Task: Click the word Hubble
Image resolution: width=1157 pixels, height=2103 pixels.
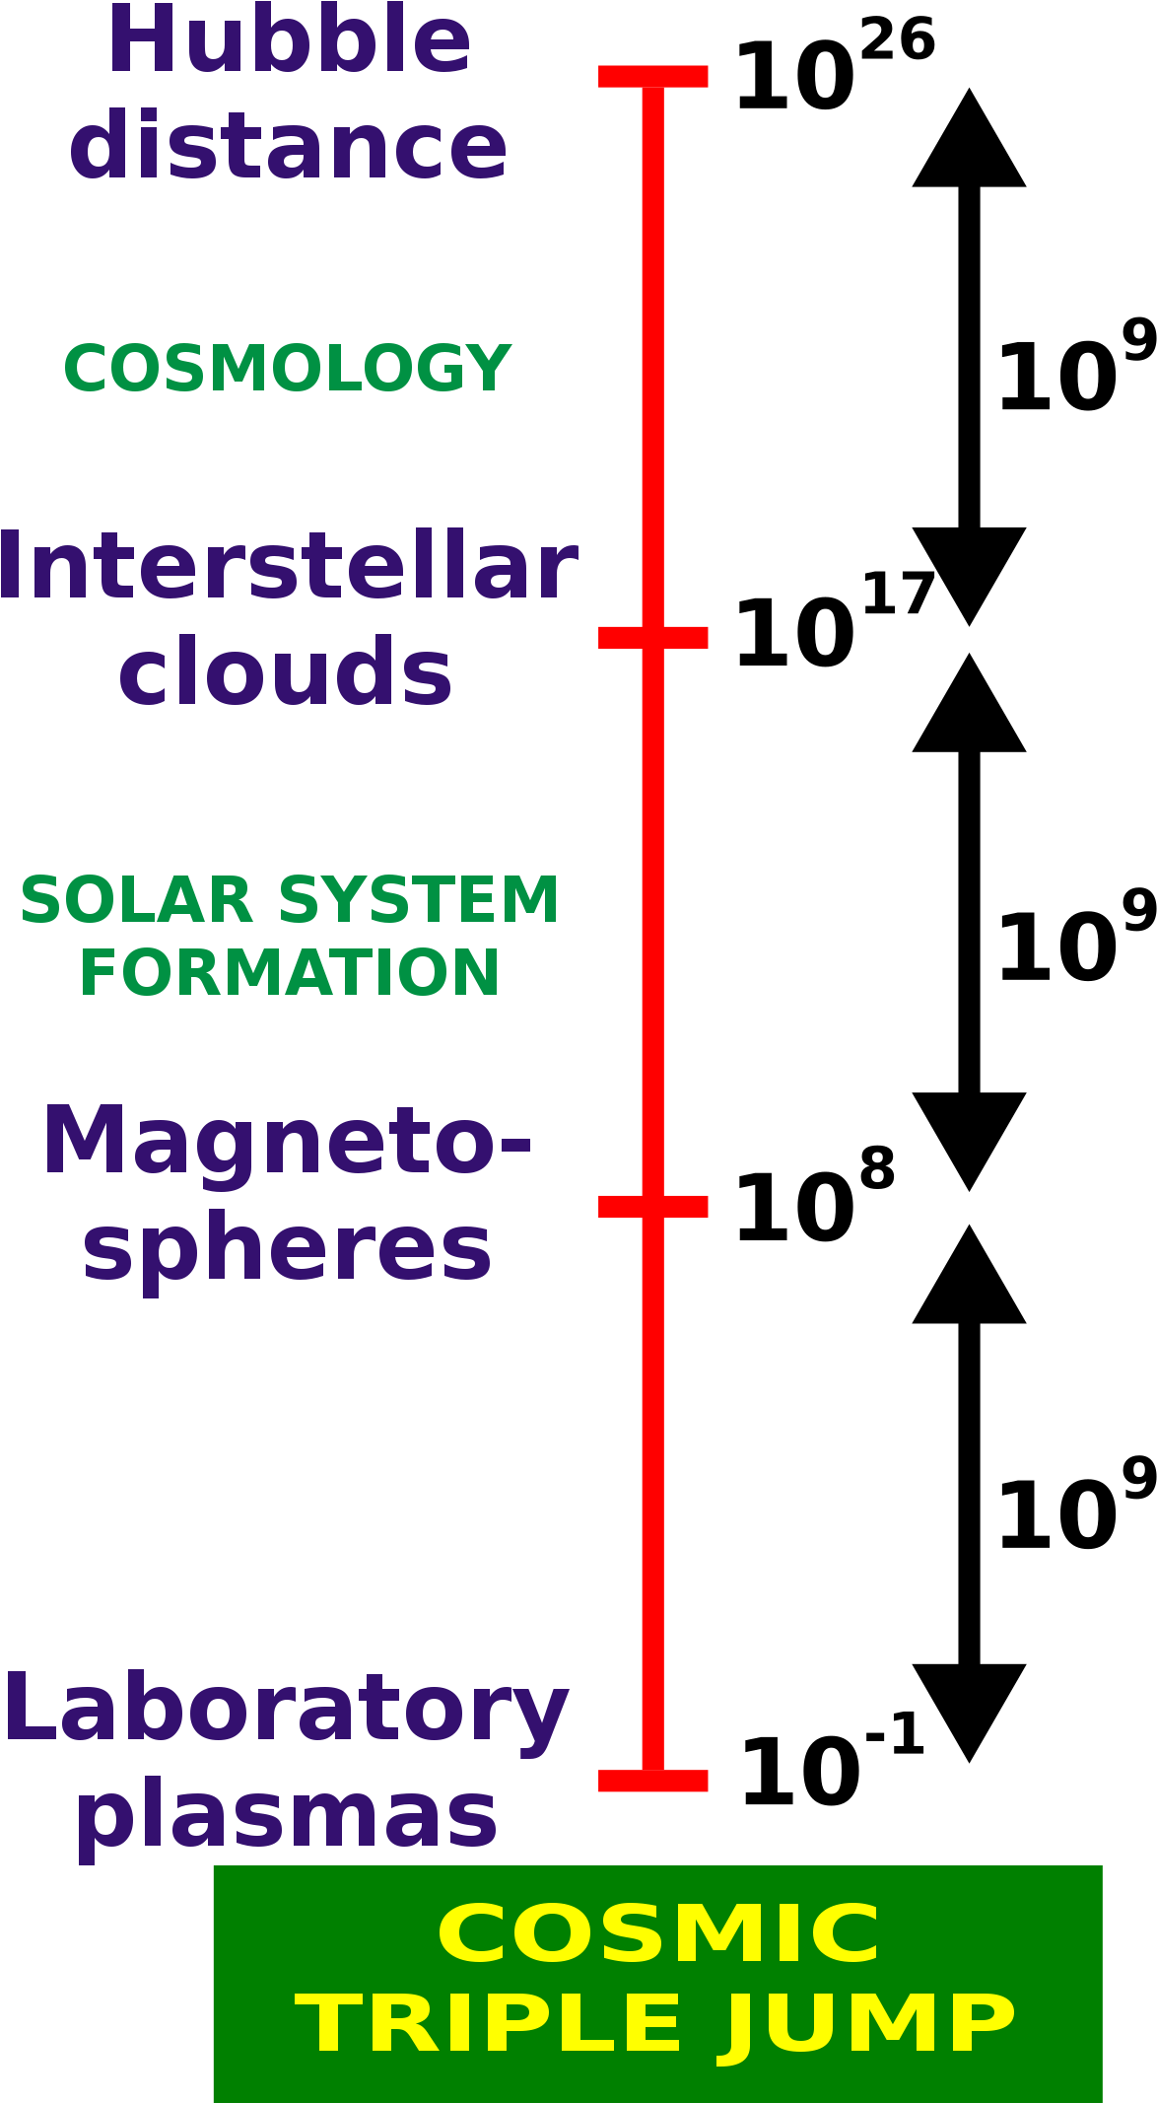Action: click(x=289, y=40)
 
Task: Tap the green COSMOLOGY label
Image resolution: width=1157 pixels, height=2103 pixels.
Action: click(x=287, y=369)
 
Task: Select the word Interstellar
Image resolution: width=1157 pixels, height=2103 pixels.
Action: click(x=287, y=566)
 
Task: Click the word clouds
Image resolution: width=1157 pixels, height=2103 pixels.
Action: click(x=285, y=670)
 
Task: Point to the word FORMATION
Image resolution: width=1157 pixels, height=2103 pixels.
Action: click(x=289, y=973)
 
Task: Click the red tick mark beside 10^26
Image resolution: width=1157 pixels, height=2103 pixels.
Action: click(x=653, y=76)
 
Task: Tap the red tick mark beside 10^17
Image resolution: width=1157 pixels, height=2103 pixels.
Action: click(x=653, y=637)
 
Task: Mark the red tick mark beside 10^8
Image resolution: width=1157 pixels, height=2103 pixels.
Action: click(x=653, y=1206)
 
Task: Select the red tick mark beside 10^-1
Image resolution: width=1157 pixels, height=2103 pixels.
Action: click(x=653, y=1780)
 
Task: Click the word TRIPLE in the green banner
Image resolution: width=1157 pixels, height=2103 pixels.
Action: click(x=488, y=2025)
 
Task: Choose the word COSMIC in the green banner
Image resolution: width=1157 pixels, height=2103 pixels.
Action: click(x=658, y=1932)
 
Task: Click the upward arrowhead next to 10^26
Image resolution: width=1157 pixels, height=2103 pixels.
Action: click(x=970, y=137)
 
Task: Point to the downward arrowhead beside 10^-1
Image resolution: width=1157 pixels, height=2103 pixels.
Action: click(x=970, y=1714)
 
